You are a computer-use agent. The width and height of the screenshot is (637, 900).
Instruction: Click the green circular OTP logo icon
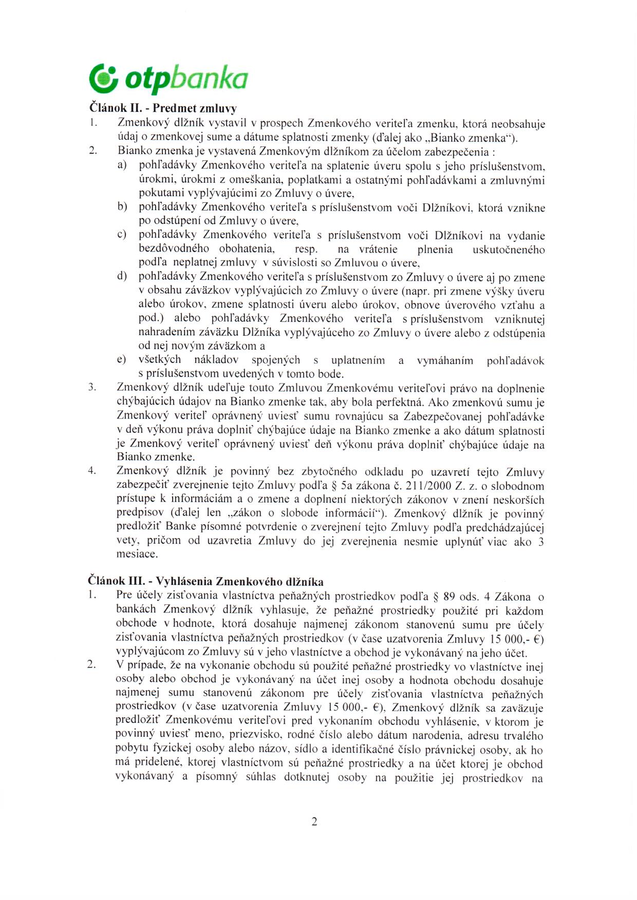pos(104,77)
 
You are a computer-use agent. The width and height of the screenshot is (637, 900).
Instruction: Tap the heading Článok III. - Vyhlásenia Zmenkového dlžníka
pos(206,582)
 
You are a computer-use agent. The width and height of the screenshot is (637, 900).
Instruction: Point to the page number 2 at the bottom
pos(314,821)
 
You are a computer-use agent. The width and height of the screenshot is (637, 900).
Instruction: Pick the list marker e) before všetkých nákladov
pos(121,360)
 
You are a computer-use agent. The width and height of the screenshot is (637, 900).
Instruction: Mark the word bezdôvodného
pos(174,249)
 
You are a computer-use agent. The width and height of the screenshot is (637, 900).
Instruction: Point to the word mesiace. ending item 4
pos(137,554)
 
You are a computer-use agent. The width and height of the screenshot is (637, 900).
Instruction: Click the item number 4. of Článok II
pos(92,471)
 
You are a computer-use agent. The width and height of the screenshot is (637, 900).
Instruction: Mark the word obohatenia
pos(247,249)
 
